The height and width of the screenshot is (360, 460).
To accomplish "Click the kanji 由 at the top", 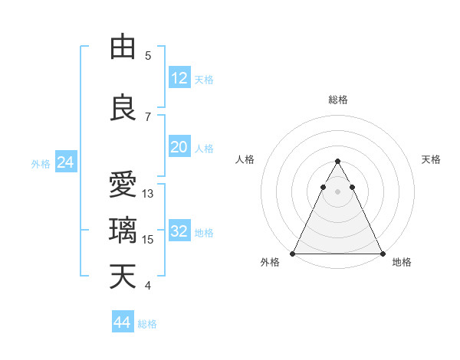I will tap(123, 47).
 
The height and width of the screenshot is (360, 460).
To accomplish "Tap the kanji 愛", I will tap(123, 185).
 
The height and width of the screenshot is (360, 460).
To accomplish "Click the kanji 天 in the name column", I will tap(123, 277).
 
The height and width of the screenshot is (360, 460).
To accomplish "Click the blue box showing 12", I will tap(179, 78).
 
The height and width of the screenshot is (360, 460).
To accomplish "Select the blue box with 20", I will tap(179, 147).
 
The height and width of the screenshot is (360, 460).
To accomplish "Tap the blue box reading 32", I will tap(179, 232).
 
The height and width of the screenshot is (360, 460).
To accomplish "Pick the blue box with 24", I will tap(65, 162).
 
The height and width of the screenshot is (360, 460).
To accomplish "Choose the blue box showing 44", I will tap(122, 322).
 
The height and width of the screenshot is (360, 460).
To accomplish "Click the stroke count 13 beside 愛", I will tap(148, 194).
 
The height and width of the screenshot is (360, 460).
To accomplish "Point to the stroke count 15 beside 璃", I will tap(148, 240).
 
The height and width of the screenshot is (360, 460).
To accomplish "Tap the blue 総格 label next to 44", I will tap(147, 324).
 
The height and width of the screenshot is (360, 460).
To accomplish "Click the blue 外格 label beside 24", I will tap(41, 163).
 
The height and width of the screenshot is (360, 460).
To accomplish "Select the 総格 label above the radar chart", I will tap(338, 100).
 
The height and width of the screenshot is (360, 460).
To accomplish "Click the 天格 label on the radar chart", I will tap(431, 159).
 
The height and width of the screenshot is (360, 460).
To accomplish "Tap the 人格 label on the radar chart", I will tap(245, 159).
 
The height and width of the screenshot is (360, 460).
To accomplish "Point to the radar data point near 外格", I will tap(292, 254).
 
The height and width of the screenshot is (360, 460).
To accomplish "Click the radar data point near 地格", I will tap(383, 254).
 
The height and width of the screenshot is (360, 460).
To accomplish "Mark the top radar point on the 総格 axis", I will tap(337, 162).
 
